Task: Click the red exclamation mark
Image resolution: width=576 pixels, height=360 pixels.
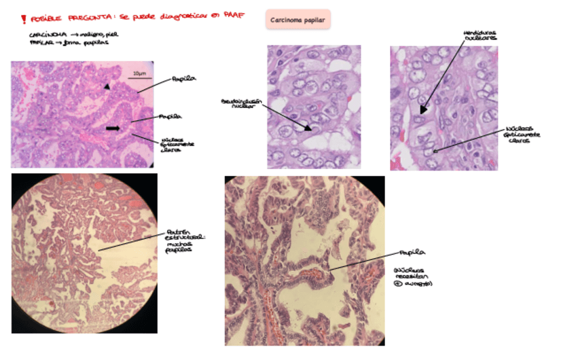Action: [x=24, y=18]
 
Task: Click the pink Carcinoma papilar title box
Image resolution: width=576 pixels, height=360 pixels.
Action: [x=298, y=20]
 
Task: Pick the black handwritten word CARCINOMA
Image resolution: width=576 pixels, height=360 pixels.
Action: [x=47, y=34]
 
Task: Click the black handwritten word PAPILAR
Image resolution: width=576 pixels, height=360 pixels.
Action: [x=41, y=42]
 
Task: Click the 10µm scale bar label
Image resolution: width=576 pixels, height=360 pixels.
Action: [x=139, y=73]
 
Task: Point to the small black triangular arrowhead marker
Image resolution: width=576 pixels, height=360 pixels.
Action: [x=106, y=87]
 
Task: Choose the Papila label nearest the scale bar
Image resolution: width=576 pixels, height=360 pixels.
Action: [x=184, y=79]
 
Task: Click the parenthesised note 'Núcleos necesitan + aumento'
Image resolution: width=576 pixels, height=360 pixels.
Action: [x=414, y=276]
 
